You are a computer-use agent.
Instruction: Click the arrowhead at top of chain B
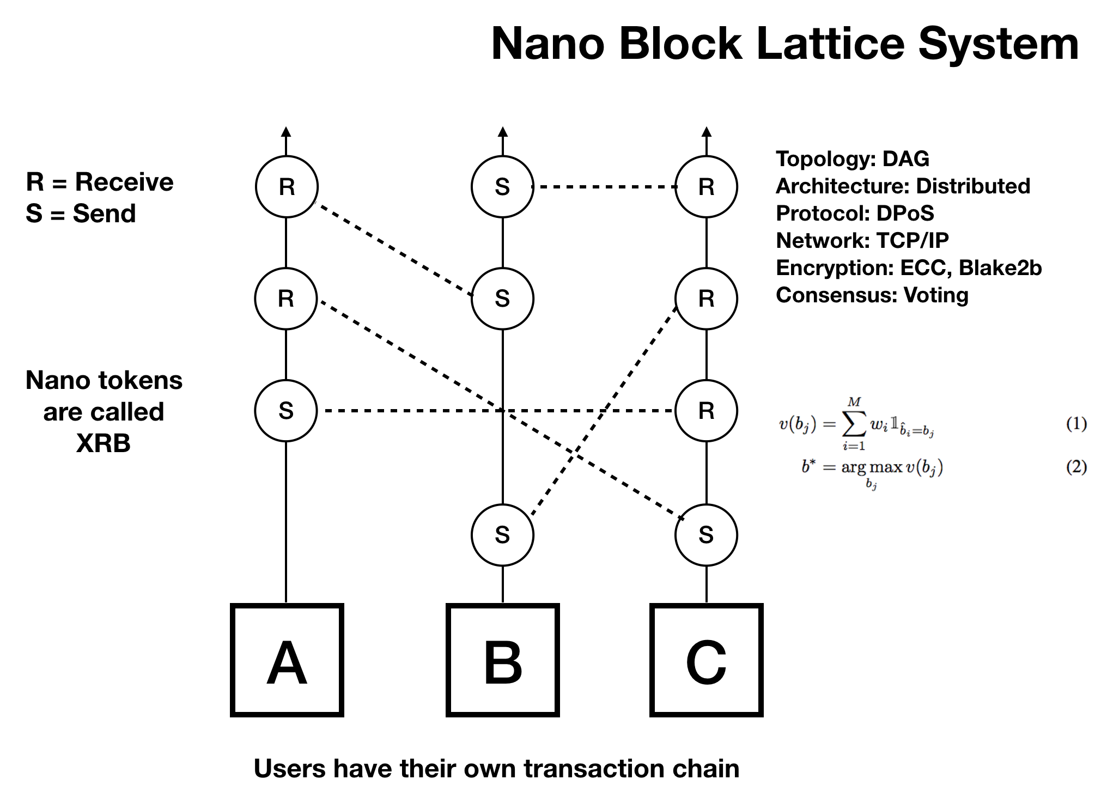coord(503,131)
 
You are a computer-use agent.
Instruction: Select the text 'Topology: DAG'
coord(853,159)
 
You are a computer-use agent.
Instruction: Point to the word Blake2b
coord(1000,267)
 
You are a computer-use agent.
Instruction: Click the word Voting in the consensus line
coord(936,295)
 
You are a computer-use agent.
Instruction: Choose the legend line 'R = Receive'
coord(100,182)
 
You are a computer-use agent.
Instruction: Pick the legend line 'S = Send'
coord(81,214)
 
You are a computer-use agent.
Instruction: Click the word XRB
coord(104,443)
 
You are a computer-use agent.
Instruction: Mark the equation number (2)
coord(1076,467)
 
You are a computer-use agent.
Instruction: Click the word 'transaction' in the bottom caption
coord(594,769)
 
